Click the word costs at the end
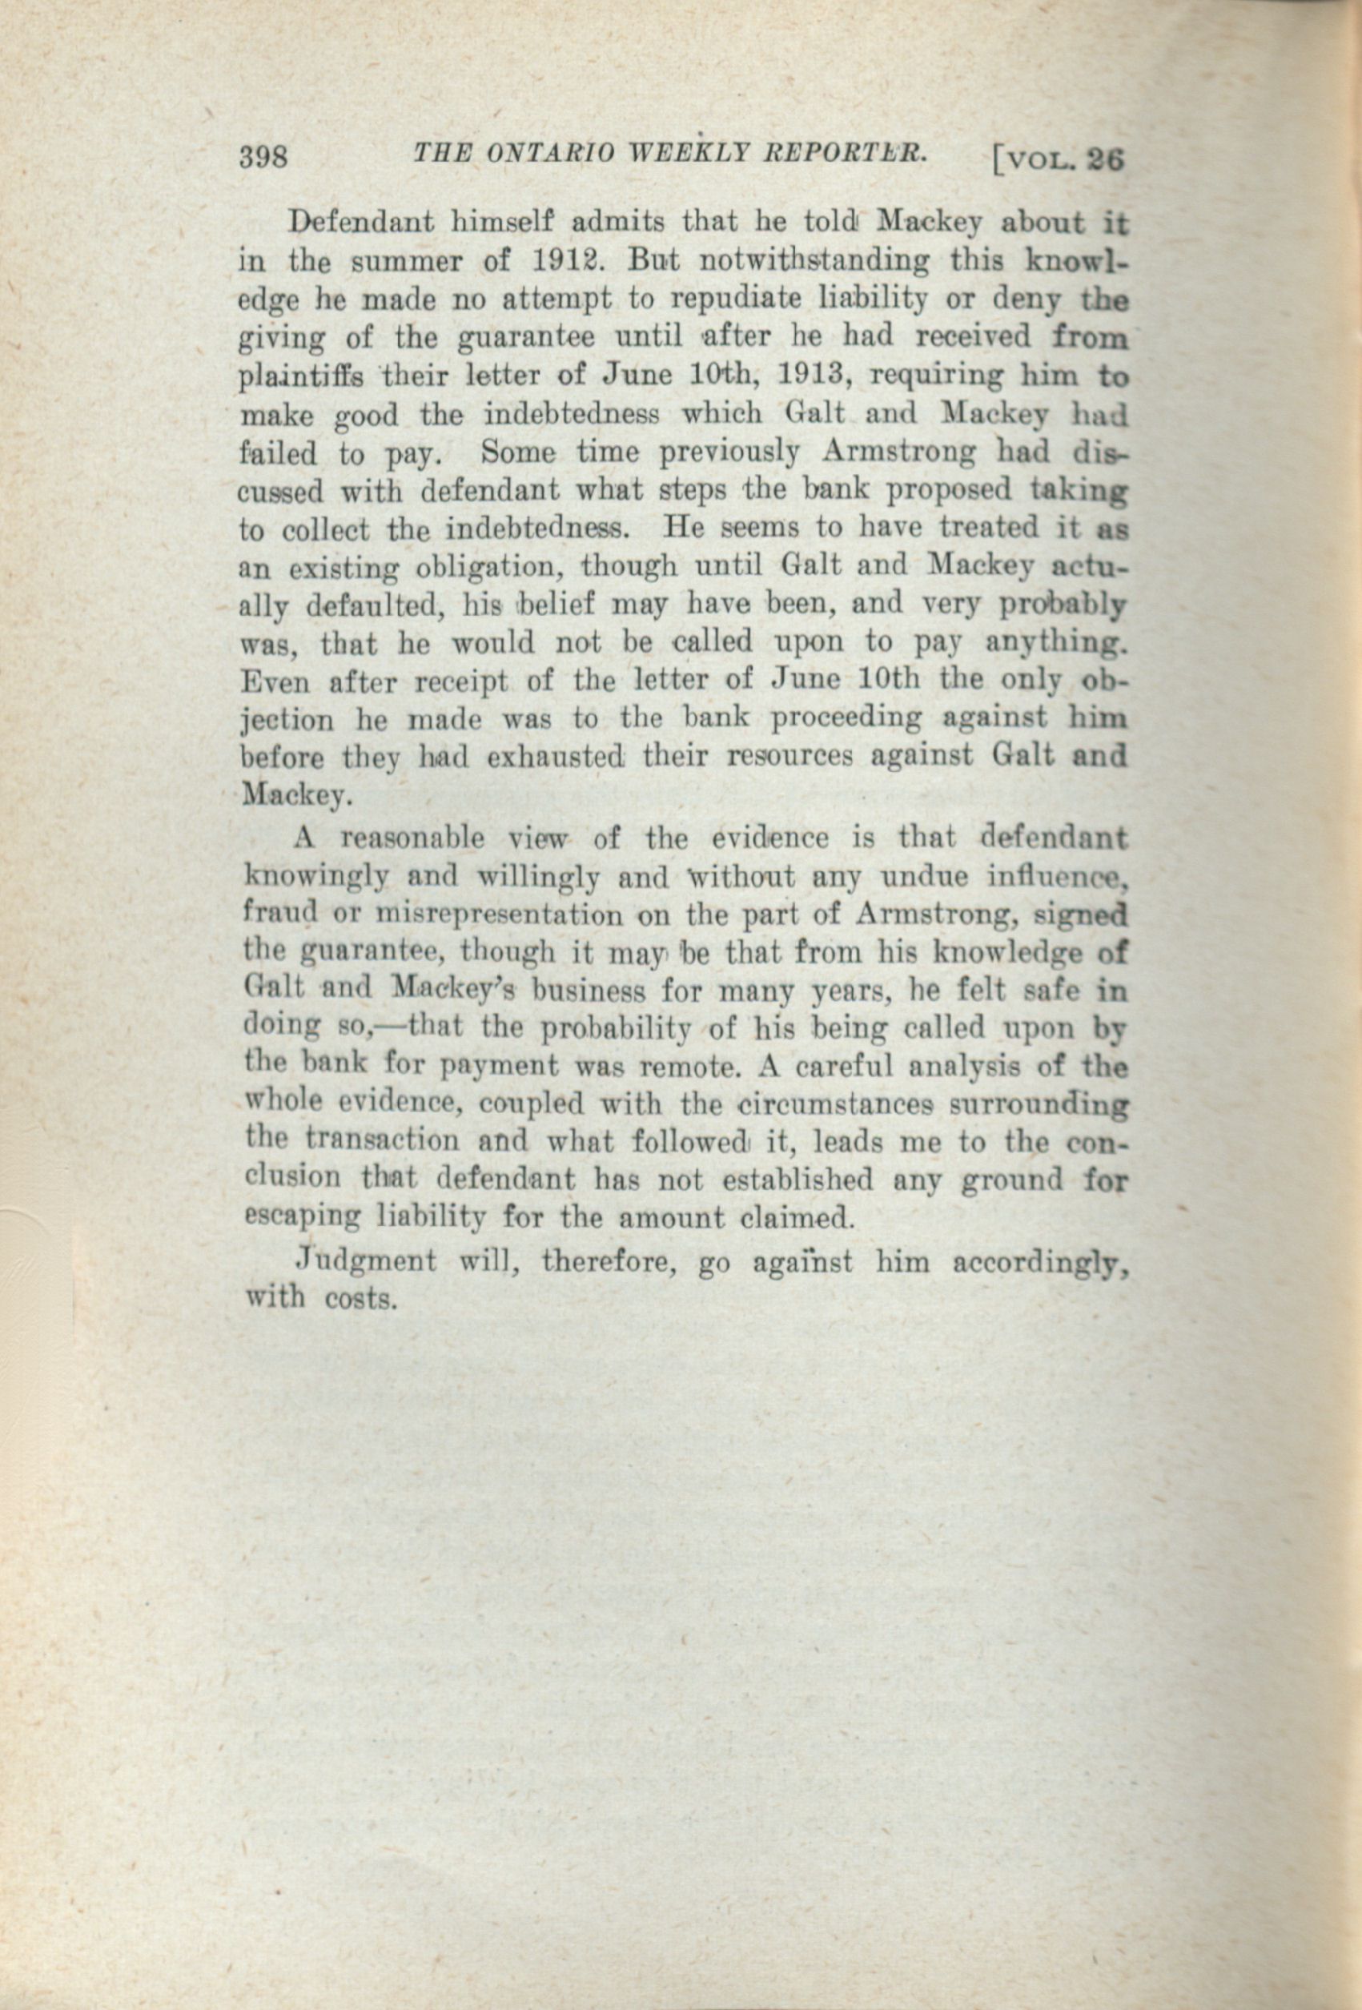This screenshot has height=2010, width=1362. click(360, 1299)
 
